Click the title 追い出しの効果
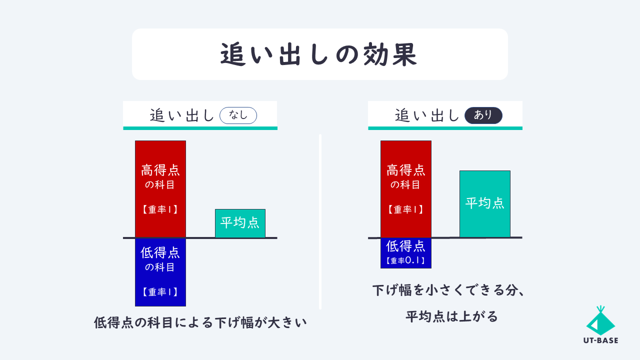(318, 54)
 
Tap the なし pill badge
(238, 115)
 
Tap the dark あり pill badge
(483, 115)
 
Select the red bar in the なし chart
(160, 189)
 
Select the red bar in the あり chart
(405, 189)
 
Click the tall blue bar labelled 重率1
(160, 272)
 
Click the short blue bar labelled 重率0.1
(405, 253)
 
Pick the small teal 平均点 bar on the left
(240, 223)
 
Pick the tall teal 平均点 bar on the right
(485, 204)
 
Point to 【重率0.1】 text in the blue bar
(405, 260)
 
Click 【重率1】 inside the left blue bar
(160, 291)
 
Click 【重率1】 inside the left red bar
(160, 209)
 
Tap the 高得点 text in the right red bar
(405, 170)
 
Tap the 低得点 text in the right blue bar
(405, 246)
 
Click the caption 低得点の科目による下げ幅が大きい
(200, 323)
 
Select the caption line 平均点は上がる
(451, 316)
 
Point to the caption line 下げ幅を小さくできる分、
(448, 290)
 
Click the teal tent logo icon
(600, 320)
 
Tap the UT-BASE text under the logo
(600, 340)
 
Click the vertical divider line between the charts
(320, 221)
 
